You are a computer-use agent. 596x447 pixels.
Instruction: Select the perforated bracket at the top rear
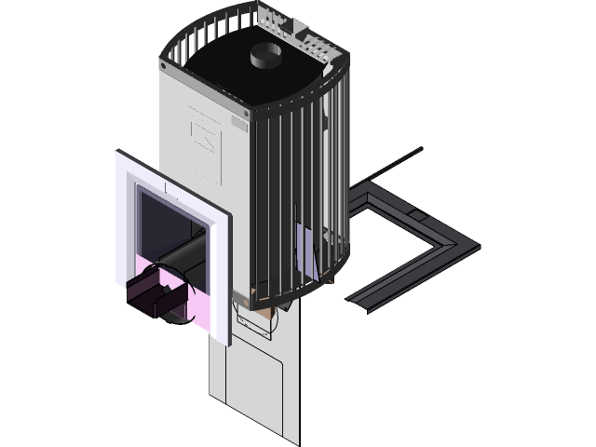click(x=303, y=34)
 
